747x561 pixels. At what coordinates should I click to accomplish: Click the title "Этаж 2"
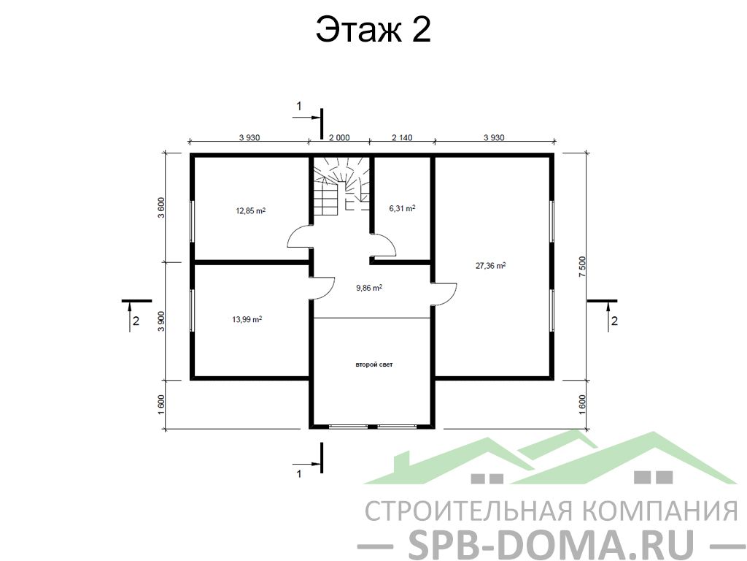373,29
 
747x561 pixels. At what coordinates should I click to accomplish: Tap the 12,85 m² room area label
251,210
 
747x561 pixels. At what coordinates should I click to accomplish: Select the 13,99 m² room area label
247,319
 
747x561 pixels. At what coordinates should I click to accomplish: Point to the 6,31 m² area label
402,208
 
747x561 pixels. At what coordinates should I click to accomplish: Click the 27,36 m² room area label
491,265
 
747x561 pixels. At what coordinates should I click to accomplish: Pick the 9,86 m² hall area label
369,288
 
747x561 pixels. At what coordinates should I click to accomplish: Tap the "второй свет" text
374,365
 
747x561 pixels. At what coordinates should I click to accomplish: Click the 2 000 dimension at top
338,137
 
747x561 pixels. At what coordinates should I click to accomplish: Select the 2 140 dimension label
402,137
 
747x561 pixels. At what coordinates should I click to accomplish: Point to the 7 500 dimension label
582,267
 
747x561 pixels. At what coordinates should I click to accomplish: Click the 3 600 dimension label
161,207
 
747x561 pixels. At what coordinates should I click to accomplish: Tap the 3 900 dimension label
161,321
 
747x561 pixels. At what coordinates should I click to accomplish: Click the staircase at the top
341,186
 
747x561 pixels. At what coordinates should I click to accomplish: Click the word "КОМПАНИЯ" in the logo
661,510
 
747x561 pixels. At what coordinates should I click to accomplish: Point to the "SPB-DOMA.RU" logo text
551,543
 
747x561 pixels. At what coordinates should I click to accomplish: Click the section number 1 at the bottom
299,473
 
